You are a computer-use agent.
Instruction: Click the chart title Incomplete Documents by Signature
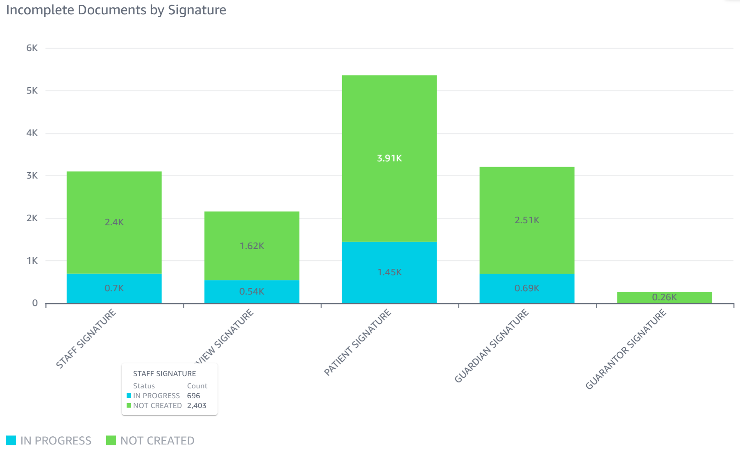click(116, 10)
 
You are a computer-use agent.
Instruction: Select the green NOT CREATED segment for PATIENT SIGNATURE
click(389, 123)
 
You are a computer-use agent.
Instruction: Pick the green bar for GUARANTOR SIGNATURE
click(664, 297)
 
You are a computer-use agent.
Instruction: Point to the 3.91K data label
click(389, 158)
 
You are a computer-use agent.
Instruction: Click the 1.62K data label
click(252, 246)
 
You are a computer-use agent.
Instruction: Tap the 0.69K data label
click(527, 288)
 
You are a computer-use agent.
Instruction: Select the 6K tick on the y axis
click(32, 48)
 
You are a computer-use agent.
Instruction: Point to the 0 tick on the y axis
click(35, 303)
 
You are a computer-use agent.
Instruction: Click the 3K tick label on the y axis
click(32, 176)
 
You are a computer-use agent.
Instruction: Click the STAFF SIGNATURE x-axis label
click(86, 339)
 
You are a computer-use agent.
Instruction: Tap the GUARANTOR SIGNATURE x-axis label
click(626, 349)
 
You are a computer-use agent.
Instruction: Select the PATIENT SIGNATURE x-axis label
click(358, 342)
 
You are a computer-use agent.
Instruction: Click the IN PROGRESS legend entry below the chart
click(49, 441)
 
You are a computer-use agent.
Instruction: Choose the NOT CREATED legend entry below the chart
click(150, 441)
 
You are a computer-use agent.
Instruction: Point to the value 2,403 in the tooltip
click(197, 406)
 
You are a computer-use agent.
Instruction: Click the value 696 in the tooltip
click(193, 396)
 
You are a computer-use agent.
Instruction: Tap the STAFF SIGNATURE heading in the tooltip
click(164, 374)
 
